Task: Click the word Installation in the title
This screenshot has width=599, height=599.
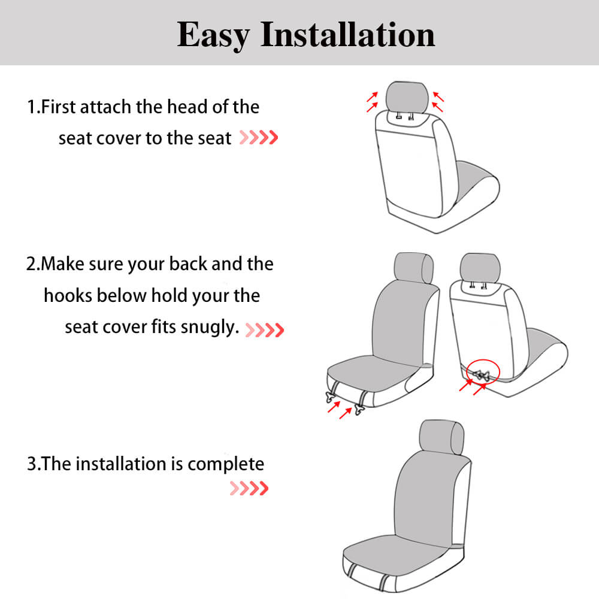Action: [x=347, y=35]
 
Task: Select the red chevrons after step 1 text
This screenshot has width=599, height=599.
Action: [x=259, y=138]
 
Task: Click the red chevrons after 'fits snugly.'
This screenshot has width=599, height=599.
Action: [x=265, y=329]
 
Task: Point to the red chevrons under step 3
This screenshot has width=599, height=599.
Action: [x=249, y=489]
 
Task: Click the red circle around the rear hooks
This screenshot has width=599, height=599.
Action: [x=483, y=373]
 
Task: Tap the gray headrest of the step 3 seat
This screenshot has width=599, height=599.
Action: [x=442, y=437]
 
